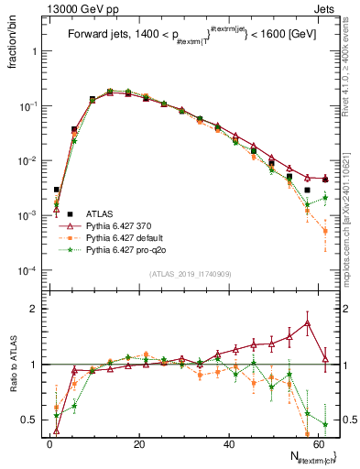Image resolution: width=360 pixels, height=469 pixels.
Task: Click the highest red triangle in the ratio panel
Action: tap(307, 322)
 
